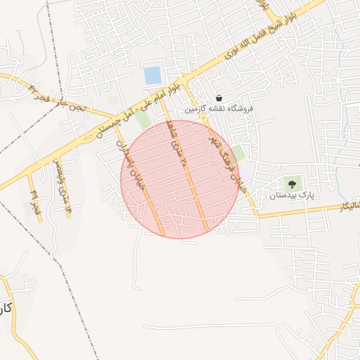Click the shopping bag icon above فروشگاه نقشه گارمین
coord(219,98)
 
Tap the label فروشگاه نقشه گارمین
coord(219,110)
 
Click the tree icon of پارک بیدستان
coord(292,181)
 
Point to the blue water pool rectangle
coord(153,75)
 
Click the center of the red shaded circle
coord(180,179)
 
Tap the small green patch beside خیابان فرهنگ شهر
coord(239,153)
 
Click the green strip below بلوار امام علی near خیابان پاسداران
coord(143,120)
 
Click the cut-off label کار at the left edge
coord(6,308)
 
